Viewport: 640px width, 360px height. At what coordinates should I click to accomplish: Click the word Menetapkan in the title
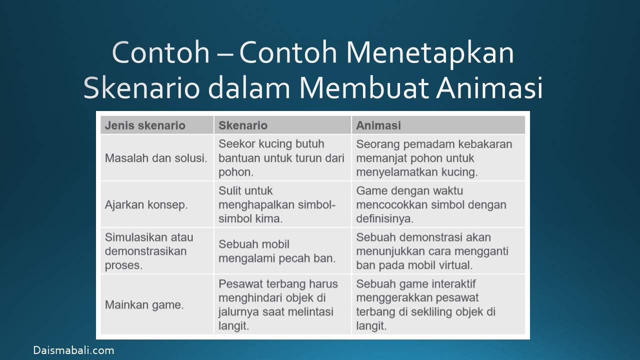430,53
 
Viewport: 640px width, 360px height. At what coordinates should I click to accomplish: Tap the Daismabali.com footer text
73,350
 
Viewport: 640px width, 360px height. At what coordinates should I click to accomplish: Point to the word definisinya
384,219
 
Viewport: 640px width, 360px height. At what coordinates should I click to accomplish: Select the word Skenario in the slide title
141,87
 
